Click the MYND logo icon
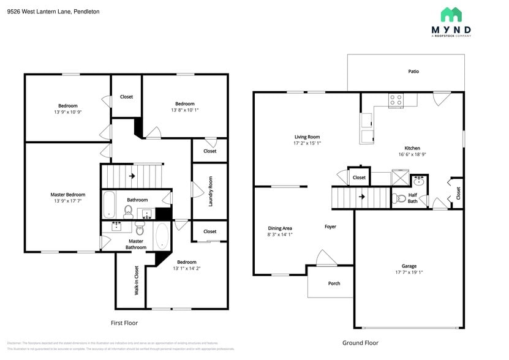pos(451,15)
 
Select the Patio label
pos(413,72)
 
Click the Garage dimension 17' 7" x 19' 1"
pos(409,272)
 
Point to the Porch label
pos(334,283)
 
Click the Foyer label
pos(330,227)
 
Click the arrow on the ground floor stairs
pos(361,197)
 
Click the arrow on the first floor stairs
pos(132,176)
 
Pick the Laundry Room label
pos(210,191)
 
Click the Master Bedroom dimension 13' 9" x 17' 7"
pos(67,201)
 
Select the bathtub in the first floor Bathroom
pos(108,204)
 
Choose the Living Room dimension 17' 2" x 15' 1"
pos(307,143)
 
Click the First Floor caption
pos(124,323)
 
